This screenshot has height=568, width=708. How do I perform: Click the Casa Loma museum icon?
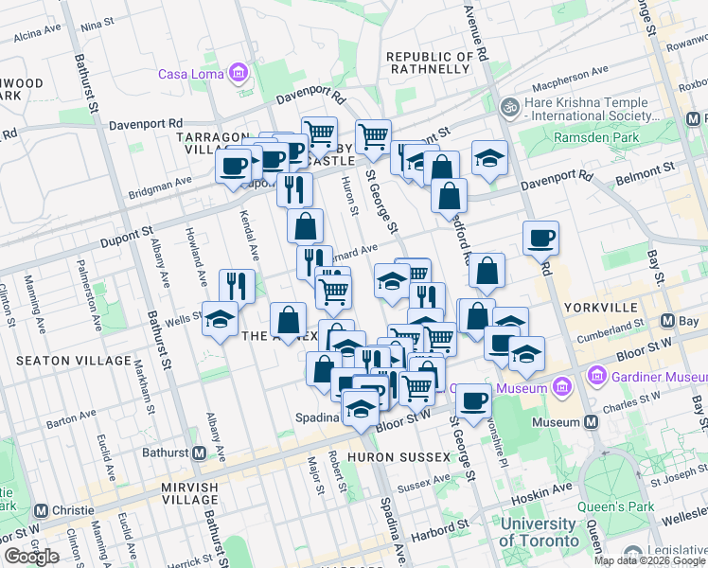point(238,73)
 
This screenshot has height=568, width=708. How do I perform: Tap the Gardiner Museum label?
point(654,377)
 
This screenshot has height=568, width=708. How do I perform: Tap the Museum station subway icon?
point(592,422)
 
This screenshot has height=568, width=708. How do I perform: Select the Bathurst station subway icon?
point(200,453)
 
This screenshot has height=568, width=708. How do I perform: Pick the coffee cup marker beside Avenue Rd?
point(540,238)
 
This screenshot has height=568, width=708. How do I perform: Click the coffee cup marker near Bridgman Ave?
point(233,169)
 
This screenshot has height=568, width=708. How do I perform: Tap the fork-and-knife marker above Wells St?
point(237,285)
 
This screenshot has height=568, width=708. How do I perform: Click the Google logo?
point(31,557)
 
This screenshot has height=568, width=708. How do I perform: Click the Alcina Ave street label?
point(38,35)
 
